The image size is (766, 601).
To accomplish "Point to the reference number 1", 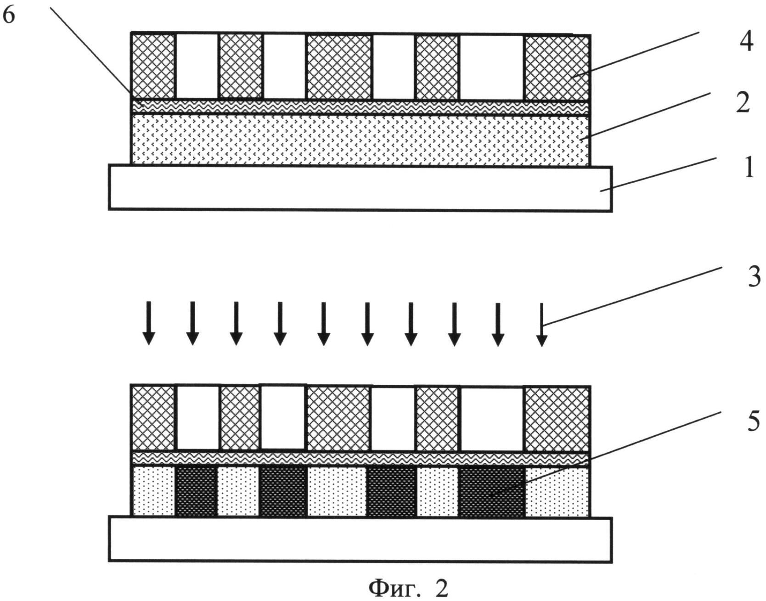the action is pyautogui.click(x=749, y=169).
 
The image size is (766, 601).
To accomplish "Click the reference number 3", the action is pyautogui.click(x=754, y=277).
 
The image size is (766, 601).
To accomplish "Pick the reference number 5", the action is pyautogui.click(x=754, y=422).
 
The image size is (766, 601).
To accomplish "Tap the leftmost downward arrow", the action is pyautogui.click(x=148, y=323).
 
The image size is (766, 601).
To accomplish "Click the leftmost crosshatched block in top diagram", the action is pyautogui.click(x=153, y=66).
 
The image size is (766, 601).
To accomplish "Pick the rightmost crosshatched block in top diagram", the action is pyautogui.click(x=557, y=67).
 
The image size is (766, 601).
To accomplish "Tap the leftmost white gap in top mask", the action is pyautogui.click(x=197, y=66).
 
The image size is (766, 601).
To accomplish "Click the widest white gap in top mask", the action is pyautogui.click(x=491, y=67).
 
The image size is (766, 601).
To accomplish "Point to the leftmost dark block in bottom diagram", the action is pyautogui.click(x=197, y=491).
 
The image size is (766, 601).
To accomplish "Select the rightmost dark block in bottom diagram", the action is pyautogui.click(x=492, y=491).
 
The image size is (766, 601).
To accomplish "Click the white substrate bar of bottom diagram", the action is pyautogui.click(x=360, y=539).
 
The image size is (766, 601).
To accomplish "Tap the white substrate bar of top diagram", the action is pyautogui.click(x=360, y=188).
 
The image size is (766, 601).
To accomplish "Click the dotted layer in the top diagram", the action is pyautogui.click(x=360, y=140).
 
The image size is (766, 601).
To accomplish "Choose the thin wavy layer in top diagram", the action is pyautogui.click(x=360, y=107).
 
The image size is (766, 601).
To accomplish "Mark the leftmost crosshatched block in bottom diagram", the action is pyautogui.click(x=153, y=418).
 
